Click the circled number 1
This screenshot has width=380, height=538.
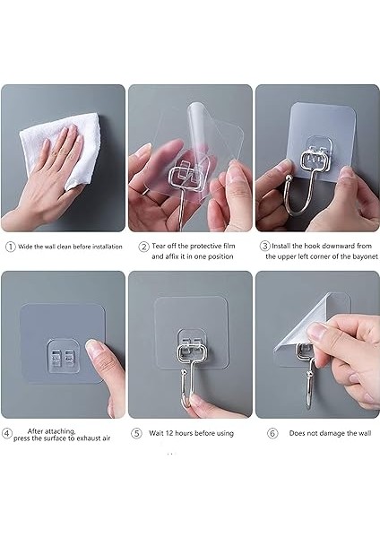pos(10,247)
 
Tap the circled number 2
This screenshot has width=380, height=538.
pos(143,247)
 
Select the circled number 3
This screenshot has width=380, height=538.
pos(264,246)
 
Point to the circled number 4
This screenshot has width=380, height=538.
pos(7,433)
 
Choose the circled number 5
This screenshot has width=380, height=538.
pos(136,433)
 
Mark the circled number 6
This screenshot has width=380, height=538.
pos(272,433)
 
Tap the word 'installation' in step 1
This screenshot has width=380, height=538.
pos(107,247)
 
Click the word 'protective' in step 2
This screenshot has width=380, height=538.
pos(205,246)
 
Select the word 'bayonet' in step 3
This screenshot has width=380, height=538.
pos(366,256)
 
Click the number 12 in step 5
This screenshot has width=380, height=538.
pos(169,433)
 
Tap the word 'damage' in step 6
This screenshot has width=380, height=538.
pos(331,434)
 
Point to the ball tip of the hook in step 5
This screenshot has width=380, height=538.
pos(185,372)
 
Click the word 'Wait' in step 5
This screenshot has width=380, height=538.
pos(156,433)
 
